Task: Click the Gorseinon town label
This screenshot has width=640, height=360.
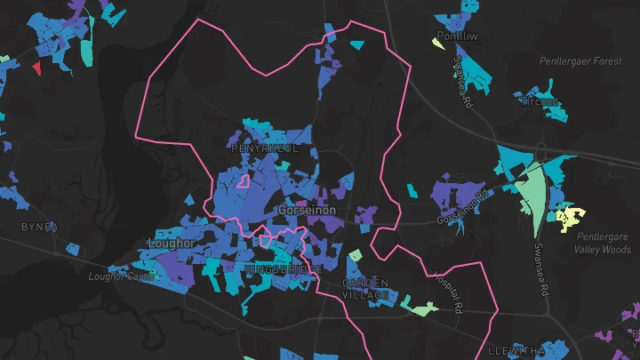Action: (x=307, y=211)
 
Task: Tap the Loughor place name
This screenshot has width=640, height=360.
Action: (x=171, y=242)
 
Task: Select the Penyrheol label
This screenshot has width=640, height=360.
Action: (x=264, y=148)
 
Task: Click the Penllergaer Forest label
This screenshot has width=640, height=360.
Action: (x=580, y=61)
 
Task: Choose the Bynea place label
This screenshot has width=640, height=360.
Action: (x=39, y=228)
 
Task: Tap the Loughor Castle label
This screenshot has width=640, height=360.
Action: (x=122, y=276)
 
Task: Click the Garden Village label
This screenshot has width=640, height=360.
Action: (x=366, y=289)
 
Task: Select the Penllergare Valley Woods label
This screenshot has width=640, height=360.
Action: (x=603, y=244)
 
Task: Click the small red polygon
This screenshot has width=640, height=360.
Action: (x=36, y=68)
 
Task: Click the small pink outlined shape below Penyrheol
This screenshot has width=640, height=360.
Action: (x=241, y=181)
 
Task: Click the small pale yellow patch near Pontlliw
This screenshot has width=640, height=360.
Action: (x=437, y=43)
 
